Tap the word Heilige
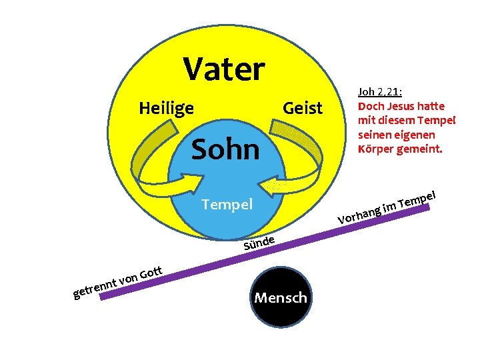click(166, 107)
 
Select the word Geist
click(303, 108)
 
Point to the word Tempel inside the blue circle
click(227, 204)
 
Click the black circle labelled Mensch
click(281, 297)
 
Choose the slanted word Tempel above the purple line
click(419, 198)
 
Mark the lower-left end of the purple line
click(102, 298)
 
